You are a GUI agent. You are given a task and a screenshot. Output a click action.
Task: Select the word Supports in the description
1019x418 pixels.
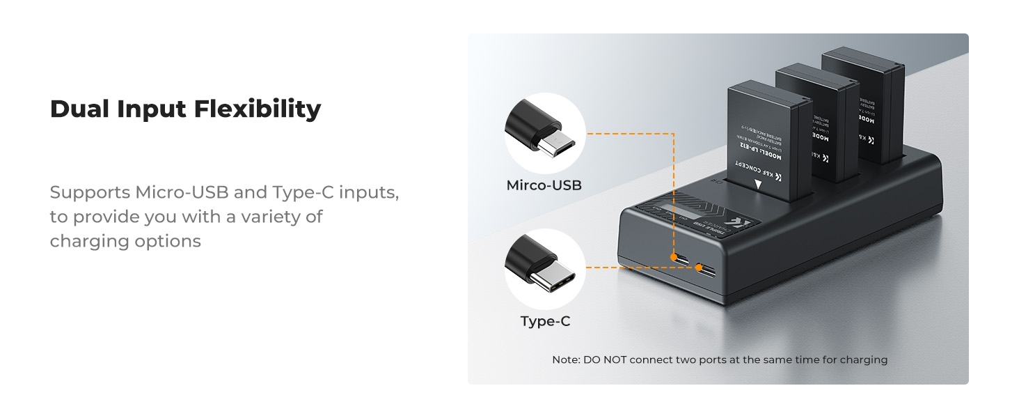pos(90,192)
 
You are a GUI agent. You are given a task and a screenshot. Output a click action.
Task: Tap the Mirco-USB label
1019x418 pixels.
pos(544,185)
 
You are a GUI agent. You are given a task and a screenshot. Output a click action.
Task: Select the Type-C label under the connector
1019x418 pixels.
pos(545,321)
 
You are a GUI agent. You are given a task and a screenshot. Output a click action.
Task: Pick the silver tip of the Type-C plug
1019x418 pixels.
pos(558,281)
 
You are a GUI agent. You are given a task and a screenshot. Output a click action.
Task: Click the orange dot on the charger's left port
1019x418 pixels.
pos(674,258)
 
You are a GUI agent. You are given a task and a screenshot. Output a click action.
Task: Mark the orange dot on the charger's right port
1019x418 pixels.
pos(698,267)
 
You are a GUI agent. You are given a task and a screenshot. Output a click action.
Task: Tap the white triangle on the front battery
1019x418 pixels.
pos(758,185)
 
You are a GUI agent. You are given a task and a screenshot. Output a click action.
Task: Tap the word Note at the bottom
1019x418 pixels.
pos(565,360)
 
